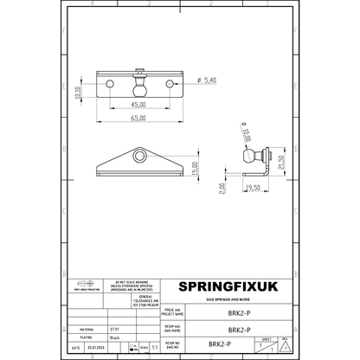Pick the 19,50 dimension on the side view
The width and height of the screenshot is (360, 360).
pos(254,187)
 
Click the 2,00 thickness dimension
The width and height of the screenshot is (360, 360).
pos(222,185)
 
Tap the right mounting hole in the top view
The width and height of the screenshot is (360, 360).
pos(165,82)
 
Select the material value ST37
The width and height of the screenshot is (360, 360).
pos(112,330)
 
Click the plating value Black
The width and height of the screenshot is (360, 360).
pos(112,338)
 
